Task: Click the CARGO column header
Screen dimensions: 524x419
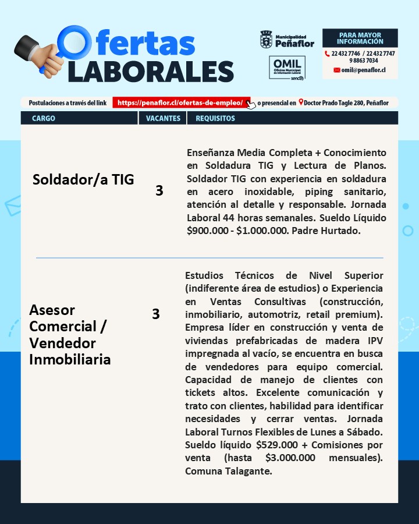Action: coord(44,118)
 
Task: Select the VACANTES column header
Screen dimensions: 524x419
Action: coord(163,118)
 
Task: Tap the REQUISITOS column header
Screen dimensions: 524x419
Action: coord(215,118)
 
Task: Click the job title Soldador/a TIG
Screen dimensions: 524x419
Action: coord(83,179)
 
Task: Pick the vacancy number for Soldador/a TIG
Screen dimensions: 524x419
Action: coord(159,190)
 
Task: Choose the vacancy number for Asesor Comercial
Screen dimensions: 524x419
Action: coord(155,314)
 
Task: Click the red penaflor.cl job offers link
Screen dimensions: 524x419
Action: coord(180,102)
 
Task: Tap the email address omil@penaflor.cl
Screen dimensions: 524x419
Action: coord(363,70)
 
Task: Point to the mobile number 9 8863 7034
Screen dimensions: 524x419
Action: coord(364,61)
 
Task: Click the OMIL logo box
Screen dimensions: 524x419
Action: coord(287,68)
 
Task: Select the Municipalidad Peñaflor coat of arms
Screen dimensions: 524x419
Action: coord(266,40)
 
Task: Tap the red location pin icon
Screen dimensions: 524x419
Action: coord(301,102)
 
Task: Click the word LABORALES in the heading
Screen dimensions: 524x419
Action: coord(150,71)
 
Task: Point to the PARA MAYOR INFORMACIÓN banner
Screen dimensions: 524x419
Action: coord(360,38)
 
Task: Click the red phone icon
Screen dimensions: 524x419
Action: coord(328,53)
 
